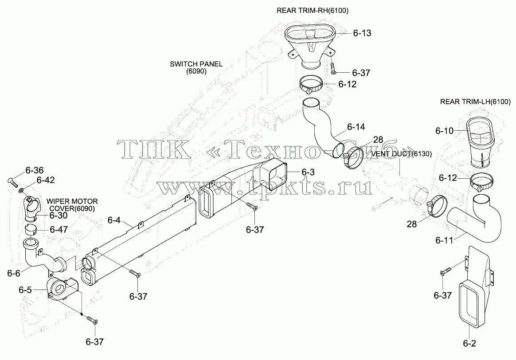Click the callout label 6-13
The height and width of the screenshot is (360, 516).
(x=362, y=33)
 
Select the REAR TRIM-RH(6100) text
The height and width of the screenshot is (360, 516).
(x=312, y=11)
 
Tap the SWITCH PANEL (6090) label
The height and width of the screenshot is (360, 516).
(x=196, y=67)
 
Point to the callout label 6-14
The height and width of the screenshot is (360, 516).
(x=356, y=127)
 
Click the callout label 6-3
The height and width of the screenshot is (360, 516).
(x=308, y=172)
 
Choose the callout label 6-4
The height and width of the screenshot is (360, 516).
(x=114, y=220)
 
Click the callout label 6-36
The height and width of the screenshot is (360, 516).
(x=35, y=170)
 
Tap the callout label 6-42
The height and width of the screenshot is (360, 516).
(x=46, y=180)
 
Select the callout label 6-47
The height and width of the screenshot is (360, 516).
(x=59, y=229)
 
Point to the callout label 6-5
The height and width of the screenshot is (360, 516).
(x=25, y=290)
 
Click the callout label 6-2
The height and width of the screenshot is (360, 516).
(x=469, y=343)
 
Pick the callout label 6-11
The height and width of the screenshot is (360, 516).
(x=444, y=240)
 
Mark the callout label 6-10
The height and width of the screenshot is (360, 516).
(x=444, y=131)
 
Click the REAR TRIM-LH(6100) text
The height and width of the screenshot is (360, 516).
(x=475, y=102)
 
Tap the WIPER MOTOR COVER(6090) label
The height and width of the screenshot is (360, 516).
(x=72, y=205)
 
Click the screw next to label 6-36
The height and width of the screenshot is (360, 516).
(x=12, y=182)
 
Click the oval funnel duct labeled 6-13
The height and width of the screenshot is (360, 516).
(x=310, y=46)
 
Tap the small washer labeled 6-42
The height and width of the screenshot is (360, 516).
(x=22, y=190)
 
